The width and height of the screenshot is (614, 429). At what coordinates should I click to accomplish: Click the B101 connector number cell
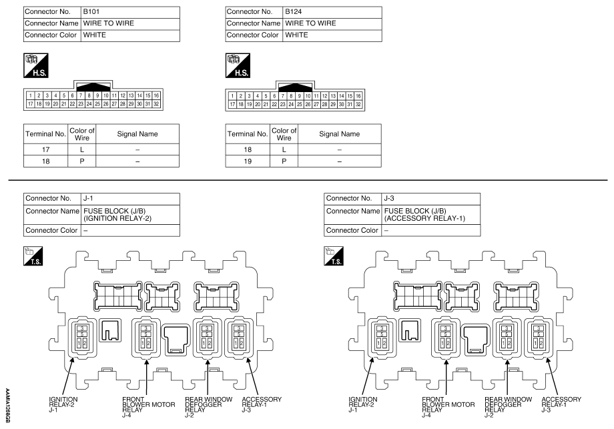(130, 12)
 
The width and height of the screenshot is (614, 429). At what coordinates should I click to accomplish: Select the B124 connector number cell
(332, 12)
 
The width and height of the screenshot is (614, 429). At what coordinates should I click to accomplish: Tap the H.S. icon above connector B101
(35, 65)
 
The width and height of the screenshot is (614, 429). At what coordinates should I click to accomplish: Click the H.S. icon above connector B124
(238, 65)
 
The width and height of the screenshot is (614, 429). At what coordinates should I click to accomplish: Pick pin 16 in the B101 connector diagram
(156, 95)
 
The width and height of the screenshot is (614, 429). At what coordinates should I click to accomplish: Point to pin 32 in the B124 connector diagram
(358, 104)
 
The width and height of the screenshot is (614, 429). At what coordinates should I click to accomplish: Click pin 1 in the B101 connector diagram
(31, 95)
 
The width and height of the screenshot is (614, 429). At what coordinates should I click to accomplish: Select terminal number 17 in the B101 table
(46, 149)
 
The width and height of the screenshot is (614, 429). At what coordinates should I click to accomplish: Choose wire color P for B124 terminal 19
(284, 161)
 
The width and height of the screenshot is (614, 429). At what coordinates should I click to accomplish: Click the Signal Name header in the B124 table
(340, 134)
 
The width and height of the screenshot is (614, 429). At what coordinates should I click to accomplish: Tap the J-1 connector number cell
(130, 198)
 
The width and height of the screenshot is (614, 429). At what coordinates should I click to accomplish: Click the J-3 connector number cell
(431, 198)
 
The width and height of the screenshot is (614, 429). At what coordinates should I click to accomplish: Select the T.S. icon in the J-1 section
(33, 256)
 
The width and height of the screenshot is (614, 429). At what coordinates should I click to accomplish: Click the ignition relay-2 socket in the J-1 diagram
(82, 338)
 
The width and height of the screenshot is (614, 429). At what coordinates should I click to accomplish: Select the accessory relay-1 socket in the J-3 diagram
(539, 338)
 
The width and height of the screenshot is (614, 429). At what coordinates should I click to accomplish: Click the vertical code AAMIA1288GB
(7, 406)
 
